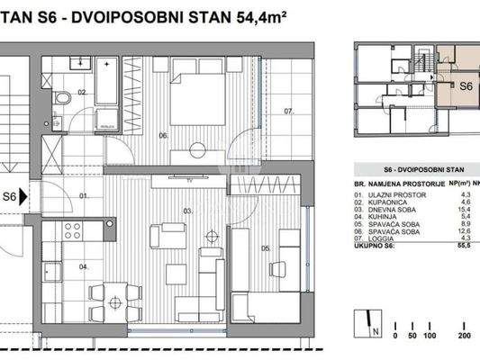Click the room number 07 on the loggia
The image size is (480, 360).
pos(289,112)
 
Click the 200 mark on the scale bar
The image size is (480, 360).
pos(465,335)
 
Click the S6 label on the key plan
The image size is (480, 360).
pos(466,86)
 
